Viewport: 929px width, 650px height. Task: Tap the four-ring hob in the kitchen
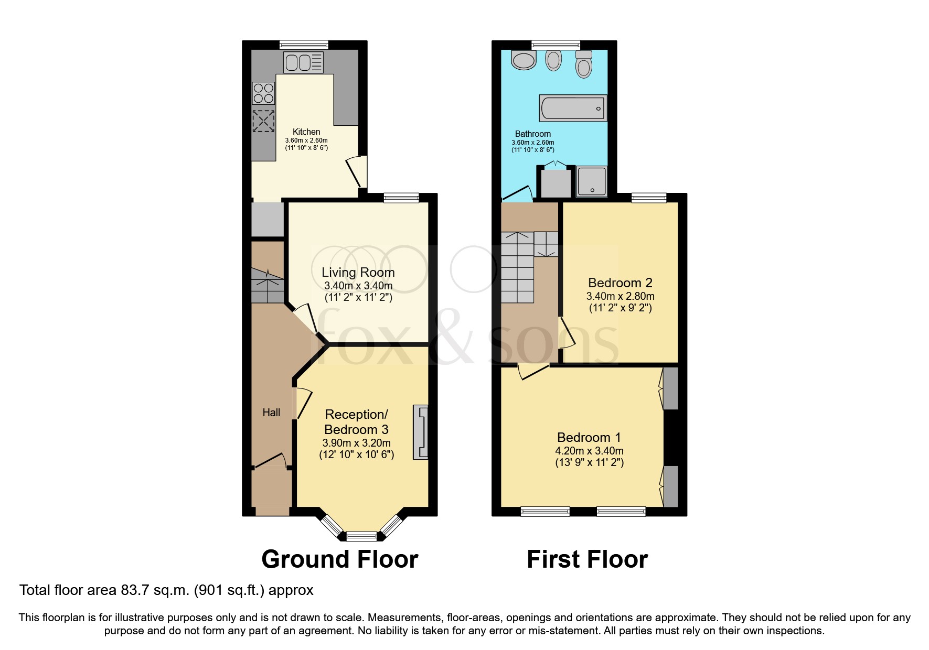(263, 93)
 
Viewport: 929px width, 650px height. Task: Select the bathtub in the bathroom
(573, 109)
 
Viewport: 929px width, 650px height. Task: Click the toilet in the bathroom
(583, 64)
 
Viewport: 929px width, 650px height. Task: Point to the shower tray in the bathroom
(592, 181)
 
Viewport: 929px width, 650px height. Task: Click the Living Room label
(358, 273)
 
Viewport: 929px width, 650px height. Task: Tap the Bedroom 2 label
(620, 283)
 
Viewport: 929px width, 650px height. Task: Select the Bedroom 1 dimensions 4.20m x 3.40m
(589, 451)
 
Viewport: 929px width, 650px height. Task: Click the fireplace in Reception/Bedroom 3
(421, 432)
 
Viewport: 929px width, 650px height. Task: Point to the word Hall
(271, 413)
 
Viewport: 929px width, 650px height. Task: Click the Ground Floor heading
(339, 559)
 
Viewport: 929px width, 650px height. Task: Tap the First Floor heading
(587, 559)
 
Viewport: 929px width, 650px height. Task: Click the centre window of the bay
(362, 536)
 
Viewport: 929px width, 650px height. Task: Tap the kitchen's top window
(304, 45)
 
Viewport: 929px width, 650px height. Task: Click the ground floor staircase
(268, 286)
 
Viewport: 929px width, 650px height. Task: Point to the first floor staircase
(518, 267)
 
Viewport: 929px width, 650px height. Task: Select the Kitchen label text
(306, 132)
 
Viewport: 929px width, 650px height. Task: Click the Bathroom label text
(532, 134)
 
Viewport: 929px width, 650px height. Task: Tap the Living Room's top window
(401, 198)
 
